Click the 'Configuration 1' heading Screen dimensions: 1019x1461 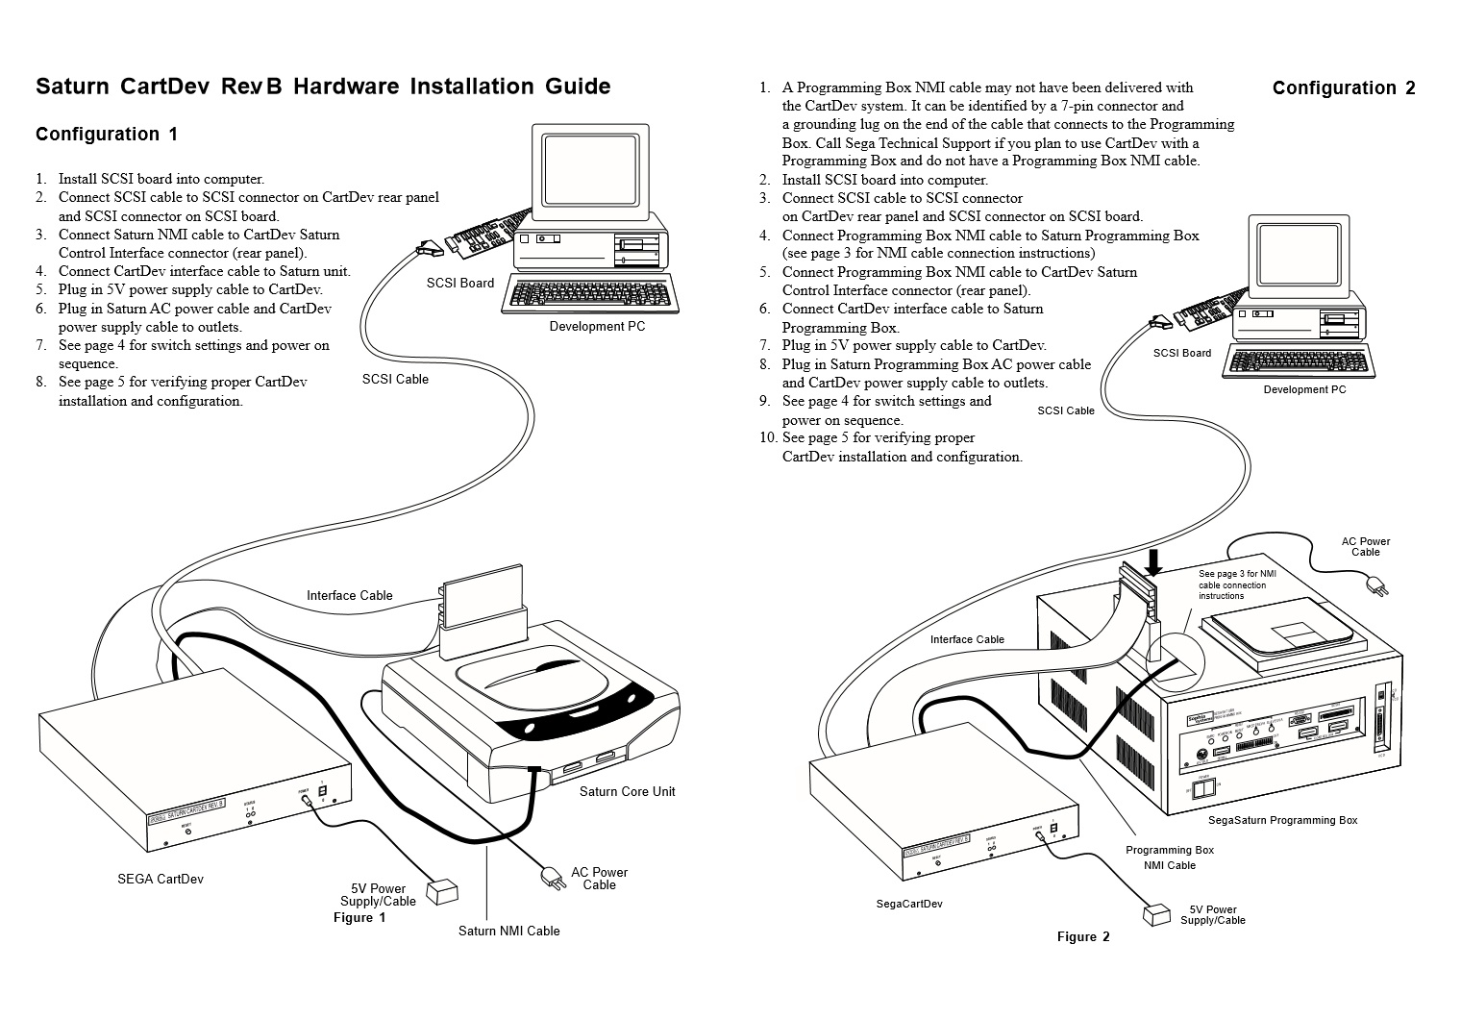point(107,135)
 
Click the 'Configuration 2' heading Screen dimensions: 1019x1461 point(1344,88)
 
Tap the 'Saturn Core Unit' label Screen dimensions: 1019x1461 point(627,792)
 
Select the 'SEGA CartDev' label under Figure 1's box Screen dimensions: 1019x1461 point(161,879)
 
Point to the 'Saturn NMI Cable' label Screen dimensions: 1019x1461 point(508,931)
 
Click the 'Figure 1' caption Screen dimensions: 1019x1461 point(359,918)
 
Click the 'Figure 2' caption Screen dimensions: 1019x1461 point(1083,937)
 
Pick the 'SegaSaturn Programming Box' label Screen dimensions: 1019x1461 point(1282,821)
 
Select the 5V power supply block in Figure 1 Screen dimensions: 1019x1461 point(443,893)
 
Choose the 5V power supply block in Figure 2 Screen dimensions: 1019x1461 point(1156,914)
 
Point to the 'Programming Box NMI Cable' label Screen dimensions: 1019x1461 point(1170,857)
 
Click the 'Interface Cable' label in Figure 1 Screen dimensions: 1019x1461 point(350,596)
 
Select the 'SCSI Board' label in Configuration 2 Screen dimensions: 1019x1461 point(1182,354)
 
